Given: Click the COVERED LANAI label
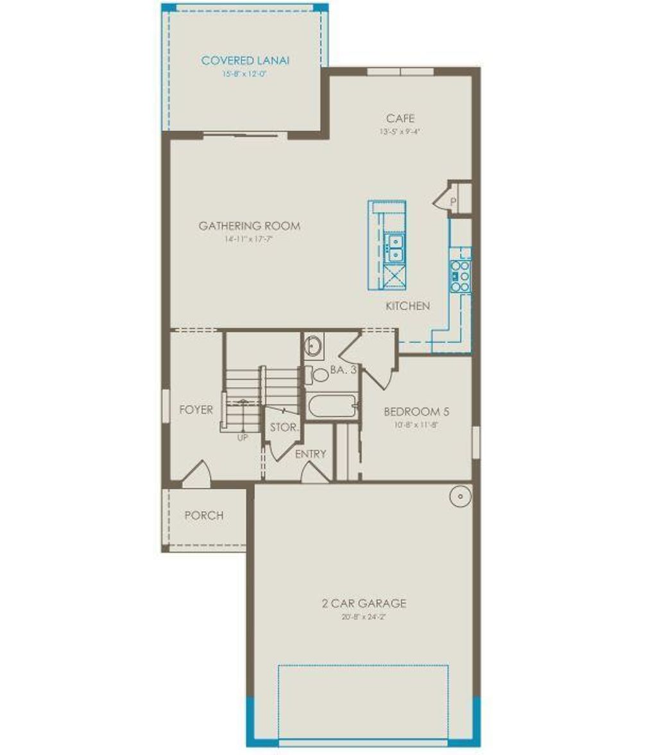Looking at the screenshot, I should (245, 60).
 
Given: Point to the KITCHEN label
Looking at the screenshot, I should (407, 306).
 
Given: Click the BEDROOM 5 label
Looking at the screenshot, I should (412, 412).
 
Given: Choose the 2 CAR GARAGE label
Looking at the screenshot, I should (364, 603).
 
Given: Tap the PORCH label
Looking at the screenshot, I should (204, 516).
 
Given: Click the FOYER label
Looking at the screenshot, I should (196, 410).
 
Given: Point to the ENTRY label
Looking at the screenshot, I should (311, 454).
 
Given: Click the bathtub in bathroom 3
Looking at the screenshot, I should (331, 406).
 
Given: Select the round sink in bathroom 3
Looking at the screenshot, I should (314, 347).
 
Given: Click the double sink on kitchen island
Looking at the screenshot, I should (395, 247).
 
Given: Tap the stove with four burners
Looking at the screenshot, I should (460, 277).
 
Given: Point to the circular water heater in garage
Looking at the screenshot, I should (460, 496).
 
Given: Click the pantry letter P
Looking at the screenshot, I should (453, 202).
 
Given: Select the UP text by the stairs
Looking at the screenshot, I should (243, 438).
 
